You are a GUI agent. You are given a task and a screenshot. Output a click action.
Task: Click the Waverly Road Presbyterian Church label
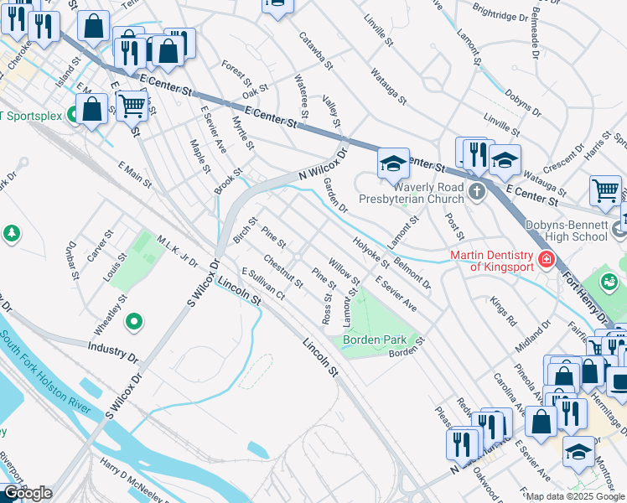411,193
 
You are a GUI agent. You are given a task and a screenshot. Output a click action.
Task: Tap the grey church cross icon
477,192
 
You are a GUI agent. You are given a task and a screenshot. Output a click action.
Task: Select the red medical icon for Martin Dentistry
546,260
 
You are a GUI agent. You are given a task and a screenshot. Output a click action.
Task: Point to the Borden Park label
375,340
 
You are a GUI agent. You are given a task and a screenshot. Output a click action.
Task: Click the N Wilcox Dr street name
323,164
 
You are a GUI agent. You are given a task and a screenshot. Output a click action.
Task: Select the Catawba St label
318,51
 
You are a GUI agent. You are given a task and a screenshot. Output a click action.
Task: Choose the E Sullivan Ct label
263,284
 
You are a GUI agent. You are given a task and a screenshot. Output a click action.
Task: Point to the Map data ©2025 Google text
574,496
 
